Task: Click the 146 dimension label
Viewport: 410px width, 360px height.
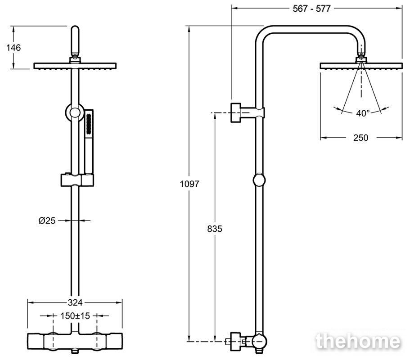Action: point(14,48)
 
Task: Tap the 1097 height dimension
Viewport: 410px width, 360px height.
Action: point(189,184)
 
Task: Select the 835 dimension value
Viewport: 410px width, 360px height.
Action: point(215,229)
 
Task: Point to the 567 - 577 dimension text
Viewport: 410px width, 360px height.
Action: point(312,9)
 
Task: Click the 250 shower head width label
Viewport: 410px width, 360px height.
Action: point(360,138)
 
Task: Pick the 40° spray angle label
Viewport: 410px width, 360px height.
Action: point(363,113)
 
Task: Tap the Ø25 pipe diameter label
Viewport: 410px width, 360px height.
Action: point(47,220)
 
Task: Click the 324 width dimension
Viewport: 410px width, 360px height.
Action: point(75,303)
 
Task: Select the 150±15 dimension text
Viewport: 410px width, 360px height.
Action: point(75,316)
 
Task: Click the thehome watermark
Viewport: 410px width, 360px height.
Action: point(358,341)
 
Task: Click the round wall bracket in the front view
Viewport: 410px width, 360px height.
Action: point(75,112)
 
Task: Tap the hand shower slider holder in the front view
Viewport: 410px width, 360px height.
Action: point(77,180)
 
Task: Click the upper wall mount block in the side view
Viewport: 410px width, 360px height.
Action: point(248,112)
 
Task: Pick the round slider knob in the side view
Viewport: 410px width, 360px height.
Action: point(259,180)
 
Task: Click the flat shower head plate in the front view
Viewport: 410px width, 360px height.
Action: point(75,66)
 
